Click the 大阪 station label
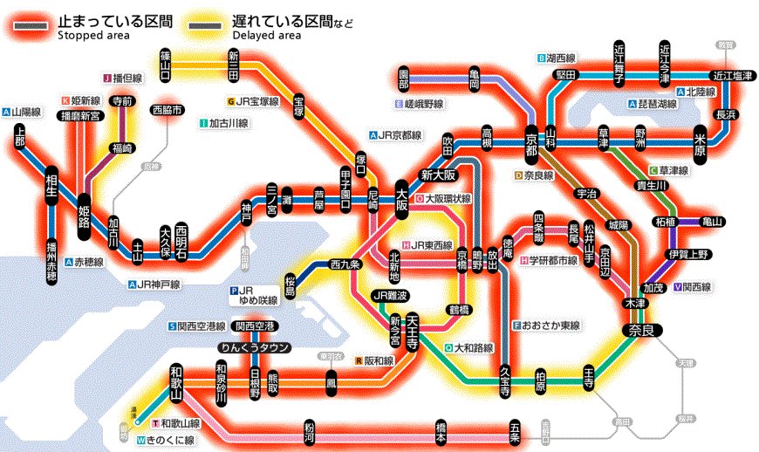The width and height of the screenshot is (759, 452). (x=402, y=199)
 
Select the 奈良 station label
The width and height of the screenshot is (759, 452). (x=638, y=330)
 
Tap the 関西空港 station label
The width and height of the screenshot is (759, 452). (x=255, y=326)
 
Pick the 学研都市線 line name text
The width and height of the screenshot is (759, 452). (x=554, y=260)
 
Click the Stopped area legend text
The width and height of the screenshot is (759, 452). (x=93, y=35)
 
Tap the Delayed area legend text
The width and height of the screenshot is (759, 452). (x=267, y=35)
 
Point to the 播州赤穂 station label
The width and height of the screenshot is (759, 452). (x=51, y=263)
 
